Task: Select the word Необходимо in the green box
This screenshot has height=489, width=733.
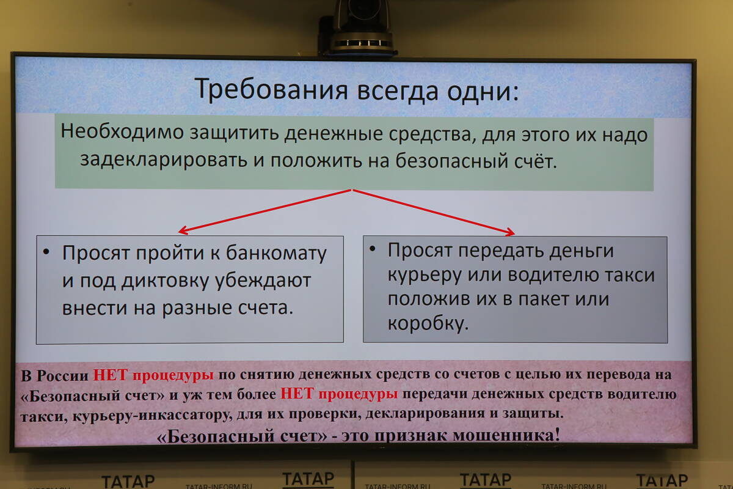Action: point(121,133)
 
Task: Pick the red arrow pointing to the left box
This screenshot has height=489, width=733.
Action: point(263,211)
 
